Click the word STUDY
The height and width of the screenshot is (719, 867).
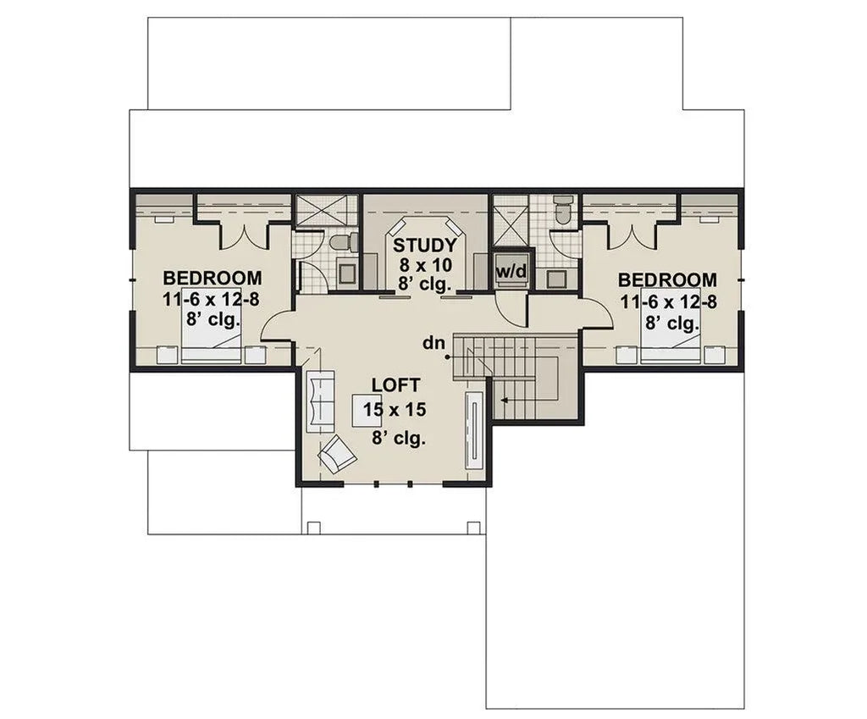(x=425, y=245)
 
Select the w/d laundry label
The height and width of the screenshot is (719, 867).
(x=511, y=271)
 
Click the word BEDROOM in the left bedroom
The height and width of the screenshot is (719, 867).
(x=212, y=278)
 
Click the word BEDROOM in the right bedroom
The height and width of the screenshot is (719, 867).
(x=667, y=279)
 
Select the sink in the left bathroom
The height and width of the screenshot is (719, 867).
(x=346, y=272)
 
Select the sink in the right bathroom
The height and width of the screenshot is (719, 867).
(x=556, y=279)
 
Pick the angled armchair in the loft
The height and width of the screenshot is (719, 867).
(x=336, y=455)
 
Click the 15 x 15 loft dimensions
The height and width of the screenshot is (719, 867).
(x=394, y=411)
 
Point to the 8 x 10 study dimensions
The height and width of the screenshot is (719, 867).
(x=425, y=263)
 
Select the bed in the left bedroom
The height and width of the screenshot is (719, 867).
(x=212, y=335)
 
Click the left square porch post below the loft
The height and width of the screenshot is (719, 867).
(x=313, y=528)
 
